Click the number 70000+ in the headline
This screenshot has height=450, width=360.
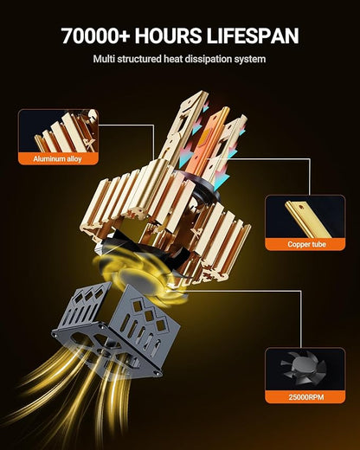[x=96, y=35]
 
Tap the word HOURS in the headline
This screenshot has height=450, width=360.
[x=169, y=35]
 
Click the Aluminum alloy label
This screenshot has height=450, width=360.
[x=57, y=158]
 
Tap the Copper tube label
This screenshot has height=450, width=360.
[x=306, y=244]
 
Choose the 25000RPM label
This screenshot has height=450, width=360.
[x=306, y=397]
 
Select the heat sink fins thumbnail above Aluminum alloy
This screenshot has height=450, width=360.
[x=58, y=131]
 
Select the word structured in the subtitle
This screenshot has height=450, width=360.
[x=139, y=59]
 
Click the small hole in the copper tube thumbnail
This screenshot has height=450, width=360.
[x=301, y=207]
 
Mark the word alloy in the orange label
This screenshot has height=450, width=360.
[x=74, y=159]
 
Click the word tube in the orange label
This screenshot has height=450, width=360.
[x=318, y=244]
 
